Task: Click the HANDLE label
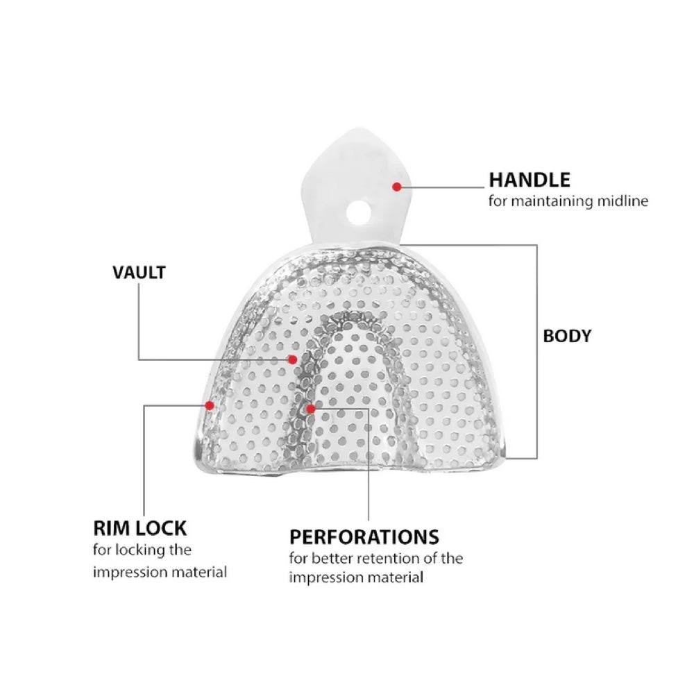[x=530, y=180]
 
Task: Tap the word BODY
[x=567, y=336]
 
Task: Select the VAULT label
[x=139, y=272]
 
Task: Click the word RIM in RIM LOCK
[x=111, y=528]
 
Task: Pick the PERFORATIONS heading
[x=364, y=537]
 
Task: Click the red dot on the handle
[x=396, y=186]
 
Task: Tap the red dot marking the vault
[x=293, y=359]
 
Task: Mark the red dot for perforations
[x=310, y=409]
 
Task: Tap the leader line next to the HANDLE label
[x=444, y=186]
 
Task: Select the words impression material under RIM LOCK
[x=160, y=573]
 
